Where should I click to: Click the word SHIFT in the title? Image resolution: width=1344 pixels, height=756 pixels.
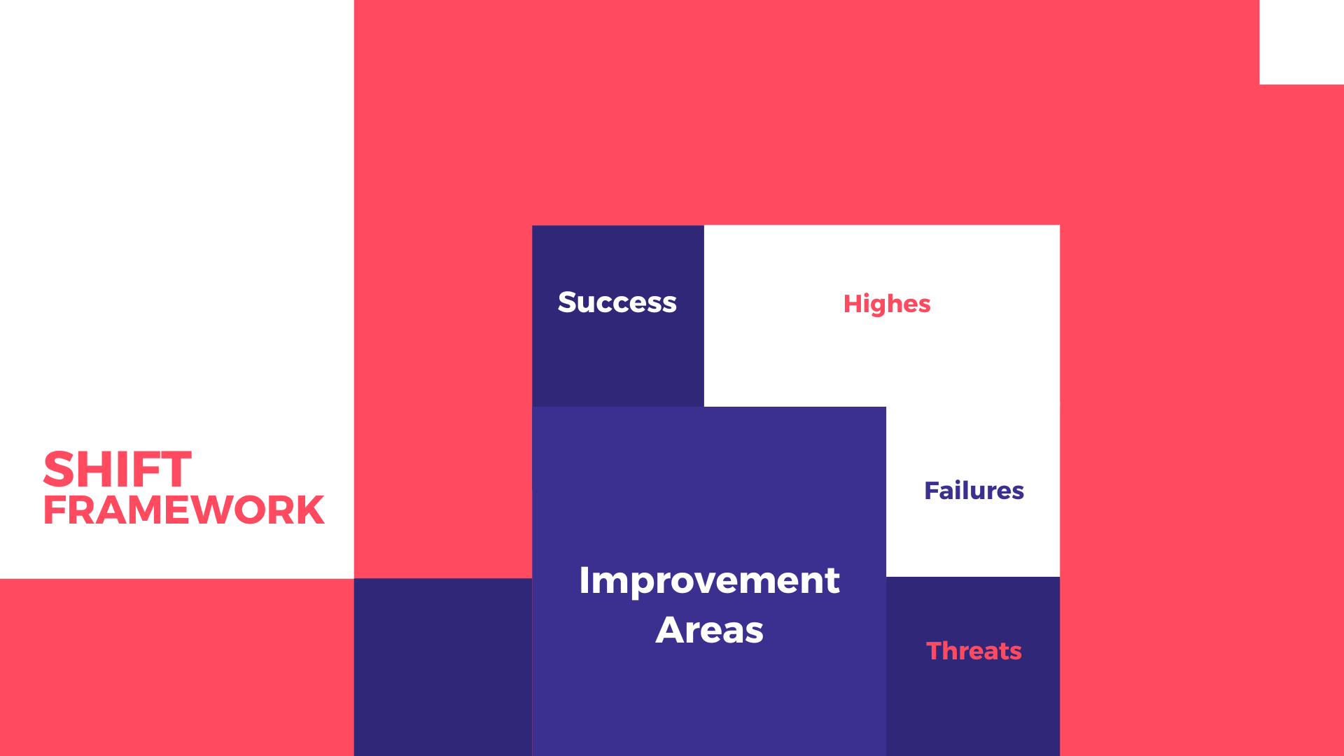click(117, 469)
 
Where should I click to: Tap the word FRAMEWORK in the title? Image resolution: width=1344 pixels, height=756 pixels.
click(183, 510)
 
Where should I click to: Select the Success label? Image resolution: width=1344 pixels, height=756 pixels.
click(617, 302)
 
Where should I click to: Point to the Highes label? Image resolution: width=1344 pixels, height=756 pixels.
click(886, 304)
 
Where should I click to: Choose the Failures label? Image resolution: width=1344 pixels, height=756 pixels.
click(974, 491)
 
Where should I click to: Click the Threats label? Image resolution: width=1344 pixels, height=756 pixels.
click(974, 651)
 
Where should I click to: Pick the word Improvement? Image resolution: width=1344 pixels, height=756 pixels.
click(709, 580)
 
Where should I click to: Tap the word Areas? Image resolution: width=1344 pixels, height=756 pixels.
click(709, 630)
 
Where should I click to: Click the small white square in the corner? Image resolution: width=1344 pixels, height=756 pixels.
click(1301, 42)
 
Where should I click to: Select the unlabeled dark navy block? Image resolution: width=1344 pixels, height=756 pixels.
click(442, 666)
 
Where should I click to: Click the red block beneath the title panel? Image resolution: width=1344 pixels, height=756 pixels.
click(176, 666)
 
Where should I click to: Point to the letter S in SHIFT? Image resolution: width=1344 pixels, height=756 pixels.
click(59, 469)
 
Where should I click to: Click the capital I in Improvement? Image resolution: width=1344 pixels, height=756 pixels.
click(584, 580)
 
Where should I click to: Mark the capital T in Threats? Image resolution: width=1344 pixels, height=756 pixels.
click(935, 651)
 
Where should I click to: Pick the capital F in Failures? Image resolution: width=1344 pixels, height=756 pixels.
click(932, 491)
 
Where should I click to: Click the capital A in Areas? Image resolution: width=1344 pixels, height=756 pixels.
click(671, 630)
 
